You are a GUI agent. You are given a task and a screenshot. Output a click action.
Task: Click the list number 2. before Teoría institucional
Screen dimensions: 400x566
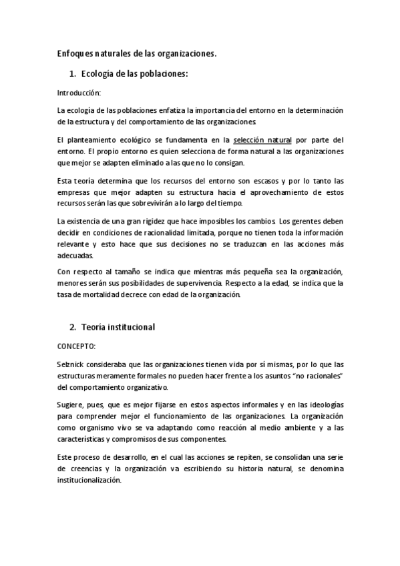click(x=73, y=327)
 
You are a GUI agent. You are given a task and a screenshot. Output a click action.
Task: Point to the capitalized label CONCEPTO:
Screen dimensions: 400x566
click(x=77, y=347)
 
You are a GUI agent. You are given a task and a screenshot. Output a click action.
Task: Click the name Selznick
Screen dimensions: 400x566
click(x=71, y=364)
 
